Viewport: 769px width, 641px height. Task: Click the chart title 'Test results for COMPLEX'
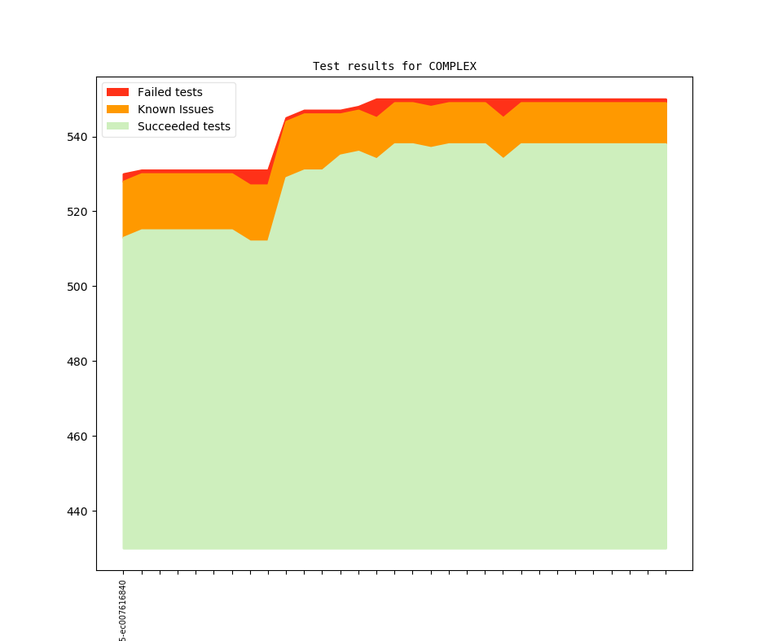pos(394,66)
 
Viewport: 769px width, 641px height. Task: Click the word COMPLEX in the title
pos(452,66)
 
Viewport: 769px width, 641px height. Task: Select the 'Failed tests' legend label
pos(169,92)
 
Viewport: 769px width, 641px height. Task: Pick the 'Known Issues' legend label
pos(175,109)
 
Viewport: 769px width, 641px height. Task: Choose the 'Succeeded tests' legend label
pos(183,126)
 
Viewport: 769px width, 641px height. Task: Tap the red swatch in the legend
pos(118,92)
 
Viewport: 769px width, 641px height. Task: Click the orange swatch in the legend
pos(118,109)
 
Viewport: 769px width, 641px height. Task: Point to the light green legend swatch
pos(118,126)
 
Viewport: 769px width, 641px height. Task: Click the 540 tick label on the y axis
pos(77,137)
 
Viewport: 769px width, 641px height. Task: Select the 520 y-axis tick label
pos(77,212)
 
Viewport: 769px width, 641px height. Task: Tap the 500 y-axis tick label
pos(77,287)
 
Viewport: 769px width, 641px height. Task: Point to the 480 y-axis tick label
pos(77,362)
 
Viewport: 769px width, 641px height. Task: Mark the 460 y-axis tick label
pos(77,437)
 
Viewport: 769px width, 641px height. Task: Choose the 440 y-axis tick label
pos(77,511)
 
